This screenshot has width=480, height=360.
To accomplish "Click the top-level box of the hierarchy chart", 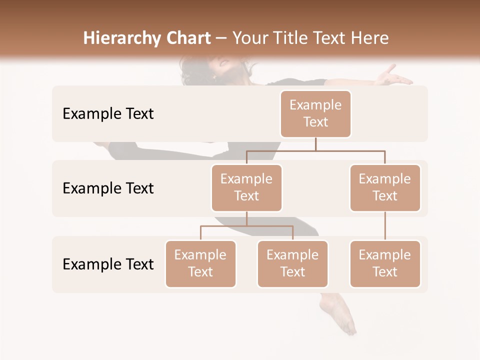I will [315, 113].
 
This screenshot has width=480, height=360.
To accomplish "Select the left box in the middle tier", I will [246, 187].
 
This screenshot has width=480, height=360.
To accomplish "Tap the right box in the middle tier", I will [385, 187].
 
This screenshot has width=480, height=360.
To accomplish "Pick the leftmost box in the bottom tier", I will [200, 263].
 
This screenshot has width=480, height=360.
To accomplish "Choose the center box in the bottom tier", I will [292, 263].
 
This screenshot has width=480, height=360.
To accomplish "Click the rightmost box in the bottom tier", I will [385, 263].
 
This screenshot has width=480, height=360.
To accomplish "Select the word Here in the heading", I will [369, 38].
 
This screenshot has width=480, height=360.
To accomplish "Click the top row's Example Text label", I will [108, 113].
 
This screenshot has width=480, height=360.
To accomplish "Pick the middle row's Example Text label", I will [108, 188].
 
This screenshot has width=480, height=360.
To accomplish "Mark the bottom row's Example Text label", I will [108, 264].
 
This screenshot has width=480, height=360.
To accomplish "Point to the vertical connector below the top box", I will [315, 144].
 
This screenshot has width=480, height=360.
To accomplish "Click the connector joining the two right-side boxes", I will [385, 226].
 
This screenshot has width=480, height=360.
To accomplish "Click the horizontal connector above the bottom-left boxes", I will [246, 226].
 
